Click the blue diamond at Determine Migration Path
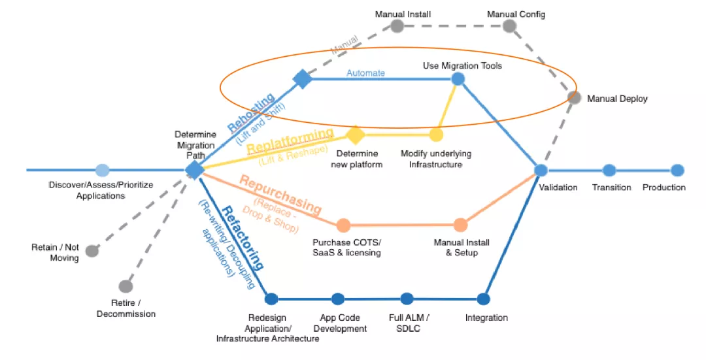pyautogui.click(x=195, y=170)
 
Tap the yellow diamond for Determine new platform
pyautogui.click(x=355, y=135)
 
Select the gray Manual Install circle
pyautogui.click(x=397, y=26)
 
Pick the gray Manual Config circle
pyautogui.click(x=509, y=26)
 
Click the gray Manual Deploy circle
pyautogui.click(x=574, y=97)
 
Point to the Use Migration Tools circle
pyautogui.click(x=458, y=79)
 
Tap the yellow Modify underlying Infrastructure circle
pyautogui.click(x=436, y=135)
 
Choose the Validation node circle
pyautogui.click(x=541, y=170)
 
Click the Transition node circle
pyautogui.click(x=609, y=170)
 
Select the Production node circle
pyautogui.click(x=678, y=170)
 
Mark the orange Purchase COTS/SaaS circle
pyautogui.click(x=343, y=225)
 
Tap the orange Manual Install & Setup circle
pyautogui.click(x=461, y=225)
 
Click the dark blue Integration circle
pyautogui.click(x=484, y=299)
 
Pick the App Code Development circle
pyautogui.click(x=338, y=299)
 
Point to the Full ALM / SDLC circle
pyautogui.click(x=407, y=299)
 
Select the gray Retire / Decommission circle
pyautogui.click(x=126, y=286)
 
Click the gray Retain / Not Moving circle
pyautogui.click(x=92, y=251)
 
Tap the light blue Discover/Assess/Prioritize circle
pyautogui.click(x=101, y=170)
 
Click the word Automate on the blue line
pyautogui.click(x=365, y=73)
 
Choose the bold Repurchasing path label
pyautogui.click(x=280, y=194)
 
